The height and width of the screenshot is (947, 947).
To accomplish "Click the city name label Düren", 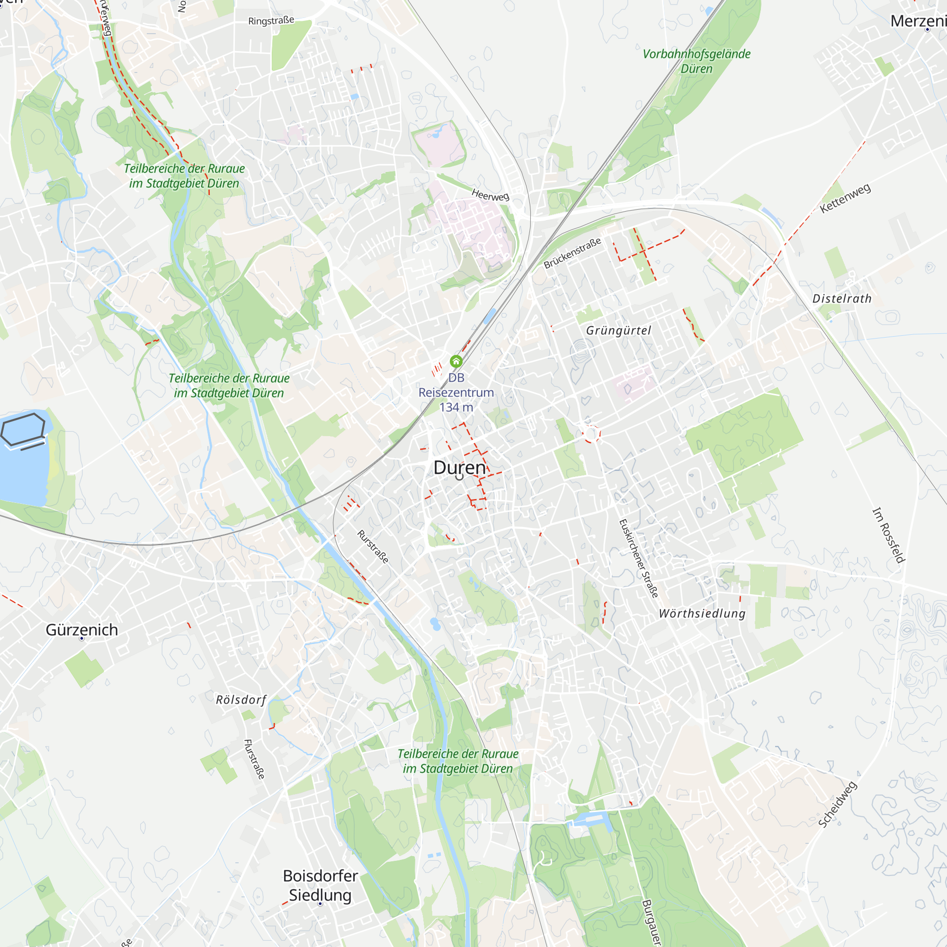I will (x=459, y=468).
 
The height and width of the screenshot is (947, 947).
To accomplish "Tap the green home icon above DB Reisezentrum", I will (x=456, y=362).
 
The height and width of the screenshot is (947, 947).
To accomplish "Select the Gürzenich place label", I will (x=82, y=630).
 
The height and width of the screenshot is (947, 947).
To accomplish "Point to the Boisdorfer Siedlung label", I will (x=320, y=885).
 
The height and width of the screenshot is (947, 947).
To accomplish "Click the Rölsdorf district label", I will (x=241, y=699).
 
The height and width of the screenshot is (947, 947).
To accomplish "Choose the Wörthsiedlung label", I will (x=702, y=613).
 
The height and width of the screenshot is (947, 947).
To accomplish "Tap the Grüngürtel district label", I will (x=618, y=331).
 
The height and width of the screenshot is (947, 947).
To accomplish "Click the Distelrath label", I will (x=842, y=298).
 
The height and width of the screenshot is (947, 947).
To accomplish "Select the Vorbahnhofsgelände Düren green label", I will (x=696, y=61).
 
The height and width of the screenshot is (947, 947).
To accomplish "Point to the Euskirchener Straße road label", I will (x=639, y=559).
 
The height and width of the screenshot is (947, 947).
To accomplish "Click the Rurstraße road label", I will (x=373, y=546).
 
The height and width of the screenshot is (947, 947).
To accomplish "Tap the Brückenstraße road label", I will (x=572, y=253).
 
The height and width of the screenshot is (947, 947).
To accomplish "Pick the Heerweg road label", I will (x=490, y=195).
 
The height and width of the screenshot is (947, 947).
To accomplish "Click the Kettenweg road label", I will (x=845, y=198).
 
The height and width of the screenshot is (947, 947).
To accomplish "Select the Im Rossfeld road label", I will (x=889, y=535).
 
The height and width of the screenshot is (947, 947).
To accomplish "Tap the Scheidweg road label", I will (x=838, y=804).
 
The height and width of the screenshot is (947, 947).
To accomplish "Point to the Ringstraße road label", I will (x=271, y=20).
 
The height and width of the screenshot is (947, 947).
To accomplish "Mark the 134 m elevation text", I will (x=456, y=407).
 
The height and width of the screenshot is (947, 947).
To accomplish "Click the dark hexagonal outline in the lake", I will (x=23, y=429).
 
